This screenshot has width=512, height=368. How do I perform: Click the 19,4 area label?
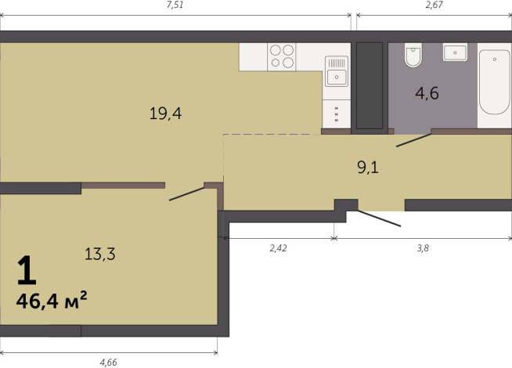165,114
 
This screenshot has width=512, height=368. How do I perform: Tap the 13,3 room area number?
100,254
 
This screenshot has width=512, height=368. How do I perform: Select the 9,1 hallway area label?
368,168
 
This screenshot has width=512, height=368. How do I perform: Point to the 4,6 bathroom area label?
427,93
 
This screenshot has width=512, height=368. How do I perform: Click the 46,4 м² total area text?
52,301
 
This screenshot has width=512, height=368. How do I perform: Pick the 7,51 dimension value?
175,5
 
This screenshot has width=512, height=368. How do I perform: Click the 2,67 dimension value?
434,5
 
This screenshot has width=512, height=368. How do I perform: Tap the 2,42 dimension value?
278,248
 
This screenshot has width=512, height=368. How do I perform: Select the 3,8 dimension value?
423,248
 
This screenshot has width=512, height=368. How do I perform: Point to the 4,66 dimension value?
108,362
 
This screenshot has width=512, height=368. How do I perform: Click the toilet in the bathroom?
413,55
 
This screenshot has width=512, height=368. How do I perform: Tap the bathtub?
494,81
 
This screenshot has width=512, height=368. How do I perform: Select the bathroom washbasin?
455,52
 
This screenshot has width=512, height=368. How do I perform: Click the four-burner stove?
282,57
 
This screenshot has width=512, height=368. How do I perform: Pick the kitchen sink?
337,71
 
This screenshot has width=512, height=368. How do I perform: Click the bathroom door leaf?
413,140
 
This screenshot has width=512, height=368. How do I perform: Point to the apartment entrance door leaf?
379,218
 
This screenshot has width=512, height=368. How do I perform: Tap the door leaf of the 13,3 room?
186,193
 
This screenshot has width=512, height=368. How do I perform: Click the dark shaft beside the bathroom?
370,85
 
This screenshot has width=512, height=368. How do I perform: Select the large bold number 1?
27,269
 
